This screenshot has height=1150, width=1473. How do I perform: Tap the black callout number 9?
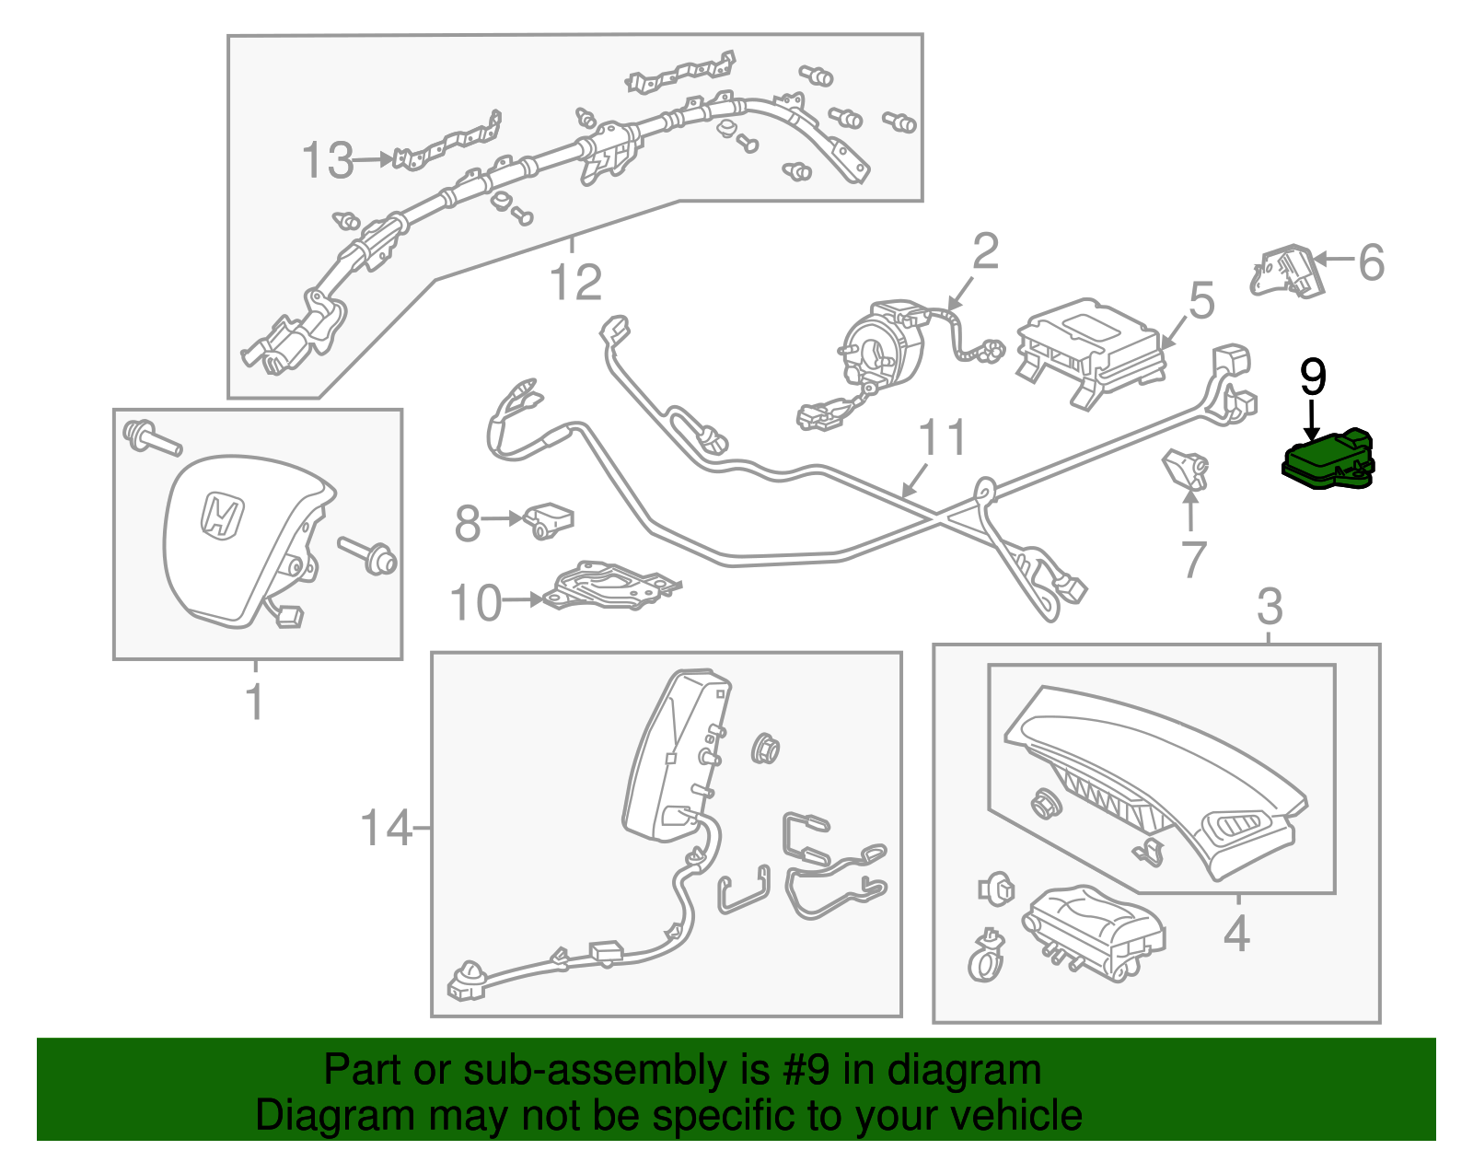(1313, 378)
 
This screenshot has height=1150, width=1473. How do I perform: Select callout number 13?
(327, 161)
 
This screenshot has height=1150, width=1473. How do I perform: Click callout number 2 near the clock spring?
(985, 250)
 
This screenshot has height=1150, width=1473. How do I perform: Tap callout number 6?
(1371, 263)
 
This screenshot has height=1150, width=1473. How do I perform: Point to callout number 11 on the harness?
(944, 438)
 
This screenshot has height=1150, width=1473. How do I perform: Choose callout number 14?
(385, 828)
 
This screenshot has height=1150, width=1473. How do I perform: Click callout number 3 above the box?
(1270, 608)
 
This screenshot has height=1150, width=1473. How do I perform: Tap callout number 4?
(1236, 935)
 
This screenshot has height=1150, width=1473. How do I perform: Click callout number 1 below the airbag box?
(255, 703)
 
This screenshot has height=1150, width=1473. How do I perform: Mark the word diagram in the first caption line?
(984, 1071)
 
